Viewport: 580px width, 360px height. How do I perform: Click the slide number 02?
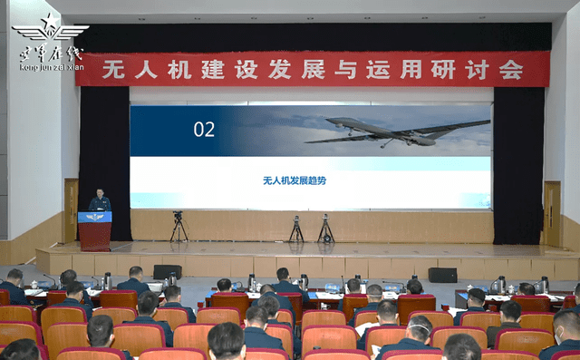[204, 130]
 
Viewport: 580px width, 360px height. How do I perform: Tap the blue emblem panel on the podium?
[95, 217]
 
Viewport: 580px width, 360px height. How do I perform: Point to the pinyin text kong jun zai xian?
[51, 67]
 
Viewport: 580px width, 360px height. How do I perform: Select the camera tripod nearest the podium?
[179, 228]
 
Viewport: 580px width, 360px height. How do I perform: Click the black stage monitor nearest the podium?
[167, 271]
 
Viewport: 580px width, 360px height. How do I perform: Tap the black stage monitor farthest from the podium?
[442, 275]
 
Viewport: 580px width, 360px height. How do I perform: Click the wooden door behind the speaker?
[71, 209]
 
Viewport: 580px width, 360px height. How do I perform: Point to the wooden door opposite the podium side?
[551, 214]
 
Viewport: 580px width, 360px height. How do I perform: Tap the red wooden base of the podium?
[95, 236]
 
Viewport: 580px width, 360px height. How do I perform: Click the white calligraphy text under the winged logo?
[51, 54]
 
